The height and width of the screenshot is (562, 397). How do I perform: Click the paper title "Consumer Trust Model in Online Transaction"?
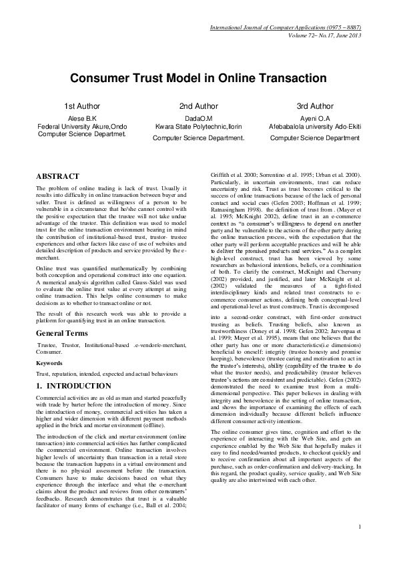click(x=198, y=79)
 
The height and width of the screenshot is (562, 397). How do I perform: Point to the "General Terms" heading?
click(x=65, y=332)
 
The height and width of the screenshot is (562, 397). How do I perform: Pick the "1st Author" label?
click(x=82, y=106)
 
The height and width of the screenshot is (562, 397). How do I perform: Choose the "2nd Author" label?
click(x=198, y=106)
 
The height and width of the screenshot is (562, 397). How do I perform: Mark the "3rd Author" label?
click(x=315, y=106)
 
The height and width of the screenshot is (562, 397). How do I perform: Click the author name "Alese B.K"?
click(x=82, y=117)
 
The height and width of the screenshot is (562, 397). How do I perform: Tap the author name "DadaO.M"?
click(x=198, y=117)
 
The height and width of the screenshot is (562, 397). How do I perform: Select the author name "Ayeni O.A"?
click(x=315, y=117)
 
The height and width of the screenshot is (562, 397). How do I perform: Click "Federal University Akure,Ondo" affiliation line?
click(x=82, y=125)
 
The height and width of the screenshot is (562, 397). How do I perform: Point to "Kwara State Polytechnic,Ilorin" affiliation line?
click(x=198, y=125)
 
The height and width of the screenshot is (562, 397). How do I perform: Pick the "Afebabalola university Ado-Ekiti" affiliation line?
click(x=315, y=125)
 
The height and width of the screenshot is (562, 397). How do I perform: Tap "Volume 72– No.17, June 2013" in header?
click(x=326, y=34)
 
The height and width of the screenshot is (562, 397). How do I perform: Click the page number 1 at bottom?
click(x=359, y=528)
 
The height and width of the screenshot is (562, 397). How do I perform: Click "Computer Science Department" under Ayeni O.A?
click(x=315, y=138)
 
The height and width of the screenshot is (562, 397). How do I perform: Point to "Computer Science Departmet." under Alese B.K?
click(x=82, y=133)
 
